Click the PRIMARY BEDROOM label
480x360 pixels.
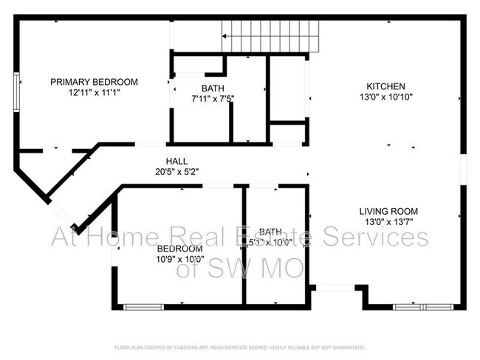point(94,82)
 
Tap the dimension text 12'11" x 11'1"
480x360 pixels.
point(94,93)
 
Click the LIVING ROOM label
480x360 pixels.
point(389,210)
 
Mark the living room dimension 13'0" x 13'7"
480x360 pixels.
point(389,221)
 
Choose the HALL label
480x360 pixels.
point(176,161)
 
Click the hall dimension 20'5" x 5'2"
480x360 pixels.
point(176,171)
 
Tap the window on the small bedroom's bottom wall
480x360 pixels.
point(143,306)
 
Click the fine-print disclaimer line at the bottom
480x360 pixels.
point(239,347)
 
